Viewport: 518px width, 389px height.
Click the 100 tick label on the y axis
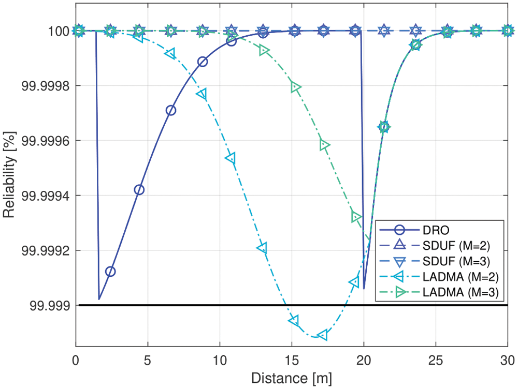(60, 31)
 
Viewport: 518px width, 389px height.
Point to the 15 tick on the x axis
(292, 358)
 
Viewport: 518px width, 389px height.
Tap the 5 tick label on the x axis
(148, 358)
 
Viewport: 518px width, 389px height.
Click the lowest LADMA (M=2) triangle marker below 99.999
(322, 335)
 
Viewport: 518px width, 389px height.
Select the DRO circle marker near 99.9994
(139, 190)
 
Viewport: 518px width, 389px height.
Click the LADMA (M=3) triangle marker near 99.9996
(324, 145)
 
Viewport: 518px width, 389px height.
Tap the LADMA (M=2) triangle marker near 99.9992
(262, 248)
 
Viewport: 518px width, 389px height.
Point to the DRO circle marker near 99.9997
(170, 110)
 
